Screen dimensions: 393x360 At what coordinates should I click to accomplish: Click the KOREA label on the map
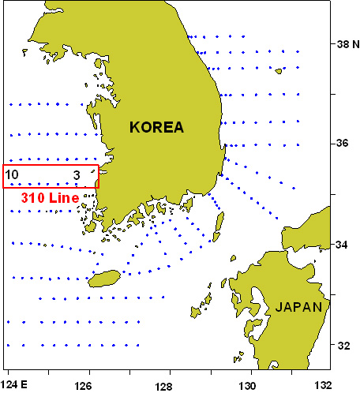(x=157, y=127)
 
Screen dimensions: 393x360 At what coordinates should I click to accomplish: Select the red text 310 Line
(x=47, y=198)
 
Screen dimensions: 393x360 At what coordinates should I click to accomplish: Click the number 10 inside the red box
(x=12, y=174)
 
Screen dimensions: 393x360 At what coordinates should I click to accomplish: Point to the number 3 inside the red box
(x=77, y=174)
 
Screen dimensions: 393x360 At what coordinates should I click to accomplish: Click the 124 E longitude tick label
(x=14, y=385)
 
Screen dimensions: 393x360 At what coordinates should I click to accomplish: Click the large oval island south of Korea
(x=104, y=278)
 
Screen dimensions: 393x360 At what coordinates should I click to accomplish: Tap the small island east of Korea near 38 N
(x=279, y=70)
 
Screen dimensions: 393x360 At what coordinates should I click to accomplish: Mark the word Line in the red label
(x=63, y=198)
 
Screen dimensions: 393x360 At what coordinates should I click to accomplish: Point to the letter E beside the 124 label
(x=25, y=385)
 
